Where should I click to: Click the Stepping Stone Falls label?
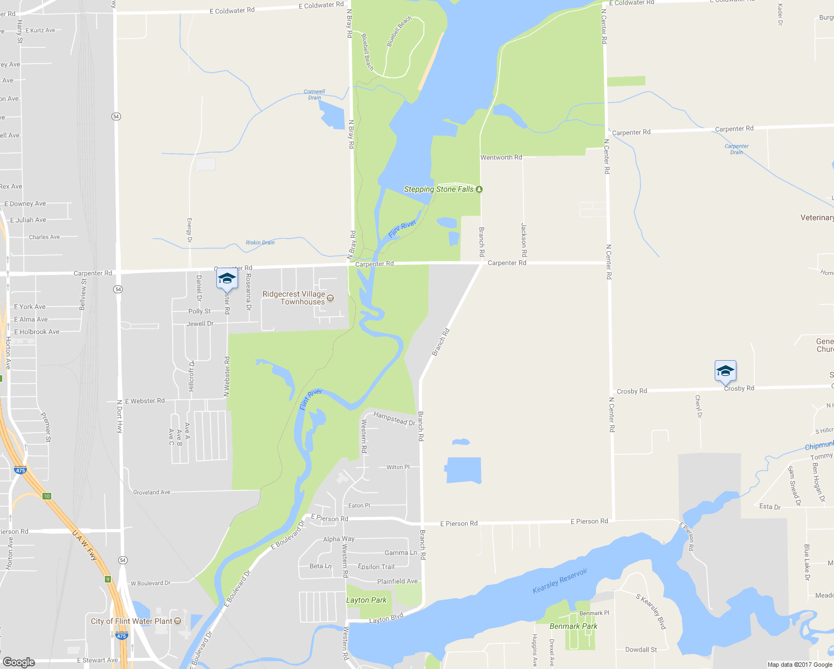439,190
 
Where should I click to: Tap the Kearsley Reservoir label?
560,581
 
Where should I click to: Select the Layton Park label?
366,600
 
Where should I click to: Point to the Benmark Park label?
573,627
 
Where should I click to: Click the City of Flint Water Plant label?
132,621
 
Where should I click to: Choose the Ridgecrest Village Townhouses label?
294,298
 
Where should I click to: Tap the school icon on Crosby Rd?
725,371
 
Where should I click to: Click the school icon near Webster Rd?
227,279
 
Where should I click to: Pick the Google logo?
18,662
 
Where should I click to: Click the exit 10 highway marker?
47,496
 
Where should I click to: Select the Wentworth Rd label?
501,158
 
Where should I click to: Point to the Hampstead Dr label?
394,418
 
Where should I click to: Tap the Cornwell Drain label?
314,95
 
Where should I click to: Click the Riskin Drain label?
260,243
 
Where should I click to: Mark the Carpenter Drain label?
736,149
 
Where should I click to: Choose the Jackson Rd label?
523,240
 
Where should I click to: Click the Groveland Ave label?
152,492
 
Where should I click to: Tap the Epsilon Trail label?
376,567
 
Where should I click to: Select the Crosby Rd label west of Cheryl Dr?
632,391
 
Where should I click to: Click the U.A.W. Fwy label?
85,545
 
